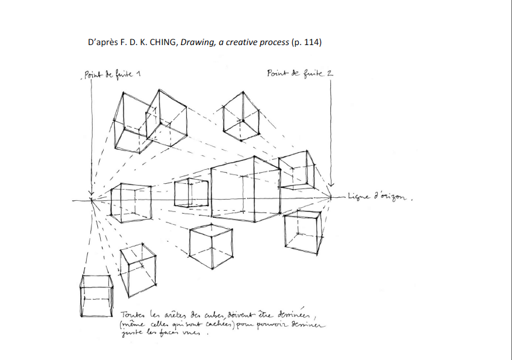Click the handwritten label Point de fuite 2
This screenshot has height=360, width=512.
(299, 74)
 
